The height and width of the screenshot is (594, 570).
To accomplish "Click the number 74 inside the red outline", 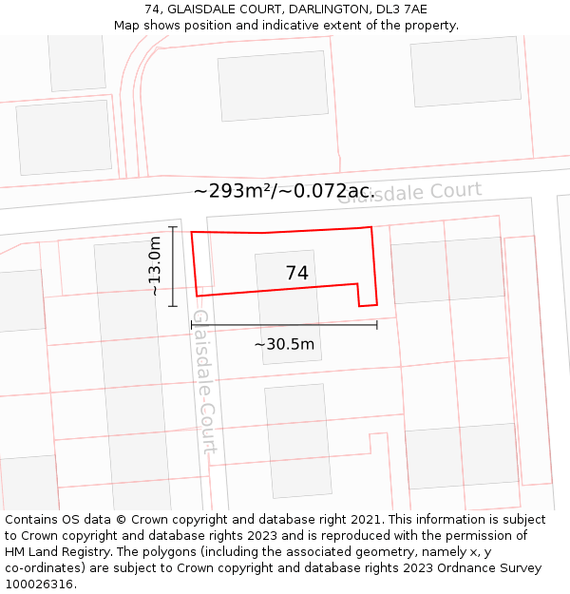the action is pos(296,273).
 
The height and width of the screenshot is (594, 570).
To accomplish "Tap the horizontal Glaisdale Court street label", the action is pos(409,192).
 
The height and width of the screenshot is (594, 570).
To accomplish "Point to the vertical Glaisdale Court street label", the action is pos(204,380).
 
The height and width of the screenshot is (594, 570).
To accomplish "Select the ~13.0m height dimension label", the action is pos(156,267).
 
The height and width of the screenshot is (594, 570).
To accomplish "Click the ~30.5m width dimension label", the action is pos(284,344).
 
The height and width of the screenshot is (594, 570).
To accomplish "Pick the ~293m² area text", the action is pos(235,191).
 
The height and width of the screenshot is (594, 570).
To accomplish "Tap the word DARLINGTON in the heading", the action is pos(319,10).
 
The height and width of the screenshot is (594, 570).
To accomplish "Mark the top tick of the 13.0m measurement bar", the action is pos(173,227).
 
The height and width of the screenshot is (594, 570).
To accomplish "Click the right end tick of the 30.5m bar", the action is pos(377,324).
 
